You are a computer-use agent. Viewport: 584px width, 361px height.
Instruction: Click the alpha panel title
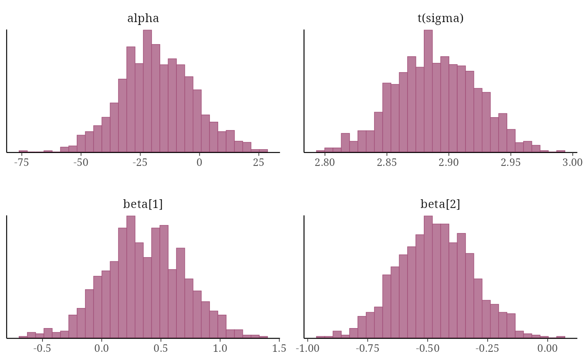[143, 18]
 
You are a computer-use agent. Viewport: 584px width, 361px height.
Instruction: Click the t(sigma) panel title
[441, 18]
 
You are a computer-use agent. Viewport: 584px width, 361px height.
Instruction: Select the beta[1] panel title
[143, 204]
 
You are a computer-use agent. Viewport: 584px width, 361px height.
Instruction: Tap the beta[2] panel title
[440, 204]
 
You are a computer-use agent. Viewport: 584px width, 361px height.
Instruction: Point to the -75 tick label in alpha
[21, 163]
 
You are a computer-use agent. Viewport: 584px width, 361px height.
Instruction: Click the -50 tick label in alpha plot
[81, 163]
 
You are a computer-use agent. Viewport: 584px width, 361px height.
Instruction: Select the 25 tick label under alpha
[258, 163]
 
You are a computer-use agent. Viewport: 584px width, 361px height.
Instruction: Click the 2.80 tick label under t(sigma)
[325, 163]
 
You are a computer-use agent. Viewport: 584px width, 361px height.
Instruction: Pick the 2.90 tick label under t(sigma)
[448, 163]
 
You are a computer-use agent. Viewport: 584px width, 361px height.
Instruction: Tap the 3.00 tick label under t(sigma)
[573, 163]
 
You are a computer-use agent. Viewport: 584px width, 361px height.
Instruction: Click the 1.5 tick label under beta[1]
[279, 348]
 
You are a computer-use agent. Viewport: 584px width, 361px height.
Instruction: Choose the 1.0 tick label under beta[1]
[220, 348]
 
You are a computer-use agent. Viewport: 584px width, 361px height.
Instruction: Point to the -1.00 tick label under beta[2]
[308, 348]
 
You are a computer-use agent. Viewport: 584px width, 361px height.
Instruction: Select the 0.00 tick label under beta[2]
[548, 348]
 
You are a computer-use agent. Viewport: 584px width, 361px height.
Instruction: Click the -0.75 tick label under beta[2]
[368, 348]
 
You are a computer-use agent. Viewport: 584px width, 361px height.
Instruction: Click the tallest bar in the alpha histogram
[147, 91]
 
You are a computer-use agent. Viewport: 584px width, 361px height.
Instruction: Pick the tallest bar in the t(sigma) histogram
[428, 91]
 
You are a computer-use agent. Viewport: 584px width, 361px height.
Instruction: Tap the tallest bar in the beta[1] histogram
[131, 277]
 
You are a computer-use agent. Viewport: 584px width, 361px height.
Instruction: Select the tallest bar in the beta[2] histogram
[428, 277]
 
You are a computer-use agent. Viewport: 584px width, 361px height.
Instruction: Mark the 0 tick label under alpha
[199, 163]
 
